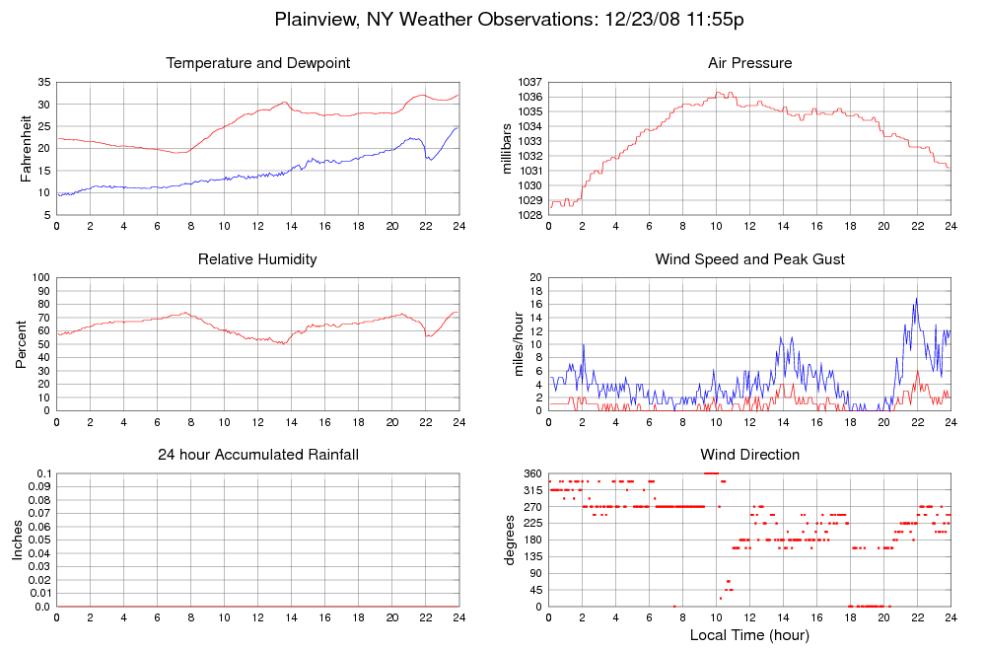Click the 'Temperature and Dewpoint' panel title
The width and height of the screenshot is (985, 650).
click(258, 63)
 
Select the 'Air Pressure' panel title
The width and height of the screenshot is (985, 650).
click(749, 63)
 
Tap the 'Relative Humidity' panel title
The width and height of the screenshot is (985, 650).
click(258, 259)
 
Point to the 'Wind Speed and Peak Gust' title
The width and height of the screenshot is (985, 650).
click(749, 259)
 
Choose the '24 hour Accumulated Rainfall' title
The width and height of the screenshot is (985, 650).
click(258, 455)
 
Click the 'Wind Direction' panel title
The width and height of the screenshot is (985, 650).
click(749, 455)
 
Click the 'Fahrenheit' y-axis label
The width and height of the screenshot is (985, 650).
click(27, 148)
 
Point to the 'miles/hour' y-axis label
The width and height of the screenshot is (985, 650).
click(514, 344)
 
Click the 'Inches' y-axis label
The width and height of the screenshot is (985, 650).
click(17, 540)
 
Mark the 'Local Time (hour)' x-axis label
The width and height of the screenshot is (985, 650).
click(749, 634)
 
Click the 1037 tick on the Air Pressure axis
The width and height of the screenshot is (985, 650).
click(529, 82)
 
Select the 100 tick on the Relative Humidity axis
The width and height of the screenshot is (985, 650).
click(41, 277)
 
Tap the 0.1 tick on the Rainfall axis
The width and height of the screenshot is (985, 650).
click(43, 474)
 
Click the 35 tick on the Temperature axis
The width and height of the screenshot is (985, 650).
click(45, 82)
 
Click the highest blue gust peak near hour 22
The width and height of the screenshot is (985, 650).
click(916, 298)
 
